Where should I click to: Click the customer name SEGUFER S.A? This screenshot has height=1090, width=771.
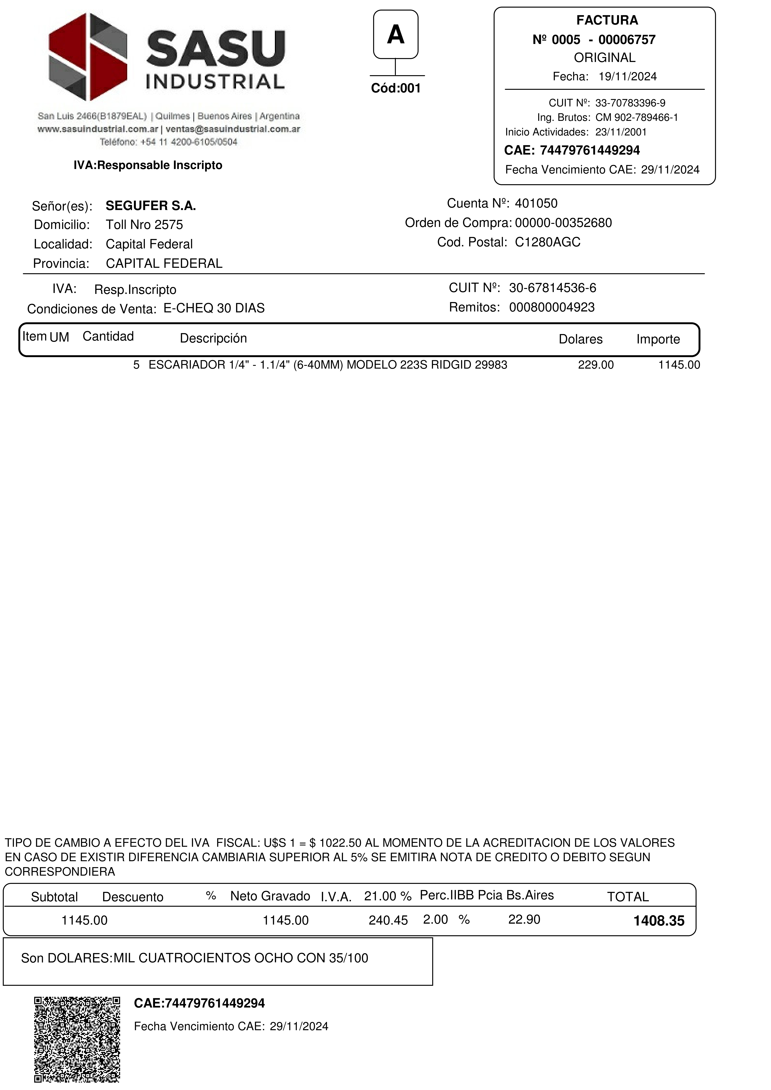point(151,206)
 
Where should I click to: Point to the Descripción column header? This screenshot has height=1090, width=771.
point(213,338)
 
